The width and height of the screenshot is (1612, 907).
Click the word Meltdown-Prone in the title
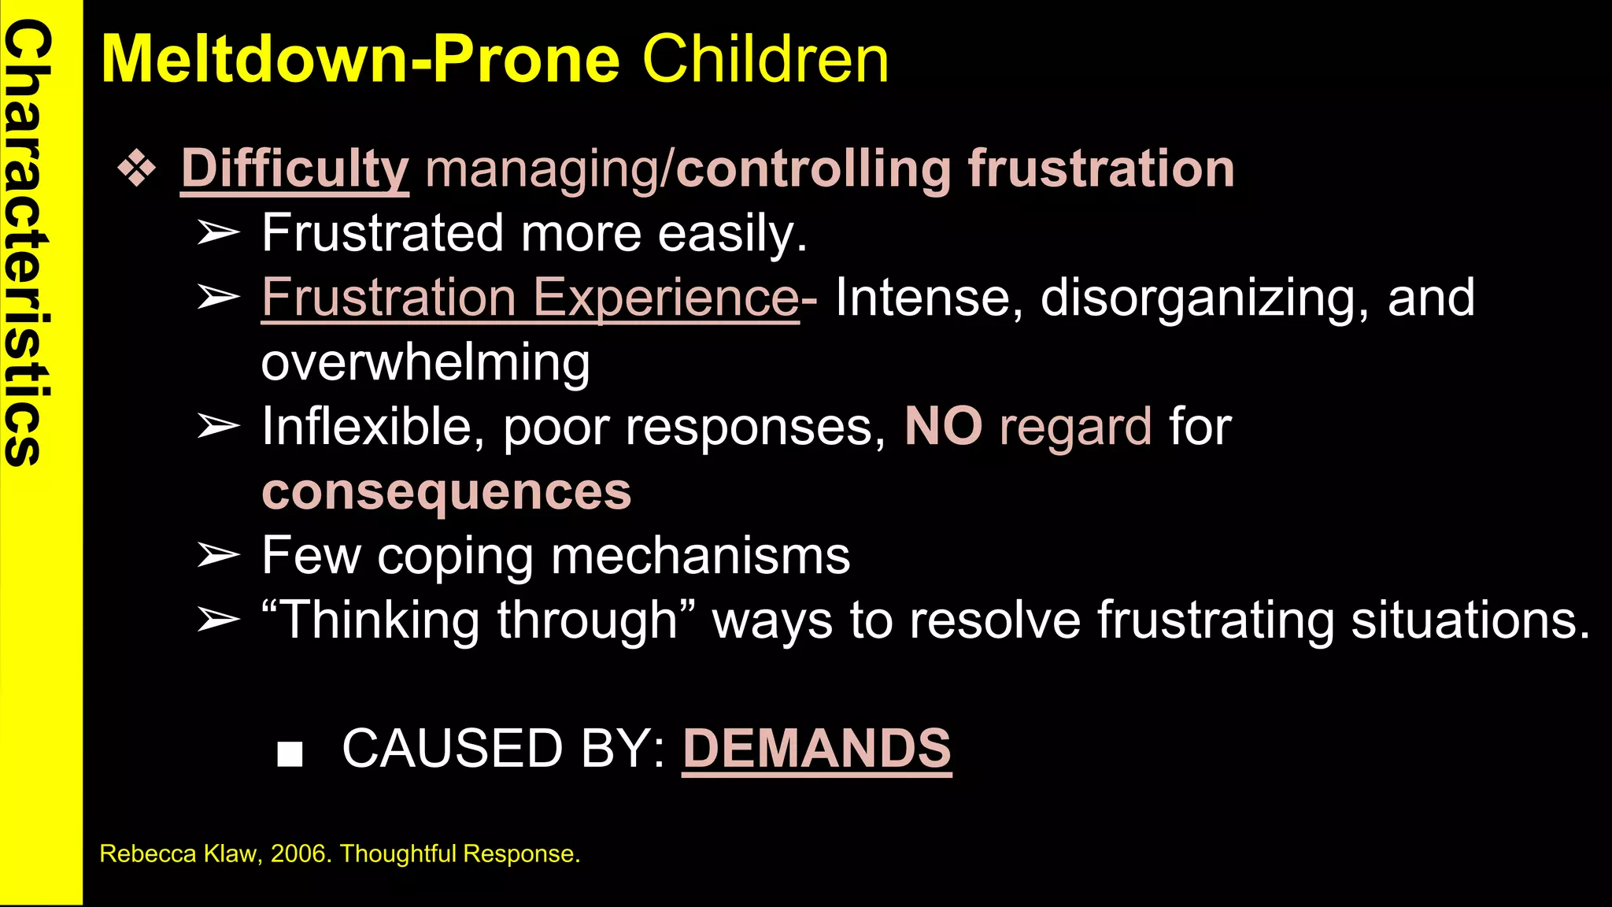[x=360, y=59]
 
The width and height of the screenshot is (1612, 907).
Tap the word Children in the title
[x=765, y=59]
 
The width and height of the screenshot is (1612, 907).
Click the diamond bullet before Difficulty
[x=137, y=168]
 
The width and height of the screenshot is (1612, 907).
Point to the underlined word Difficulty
[x=294, y=168]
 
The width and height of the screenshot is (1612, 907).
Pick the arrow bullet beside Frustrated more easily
[x=218, y=233]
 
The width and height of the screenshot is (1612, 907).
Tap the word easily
[x=732, y=234]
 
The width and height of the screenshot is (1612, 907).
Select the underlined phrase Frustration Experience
[x=530, y=298]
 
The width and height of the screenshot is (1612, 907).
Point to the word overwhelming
[x=425, y=362]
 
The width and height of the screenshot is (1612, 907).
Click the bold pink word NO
[x=943, y=427]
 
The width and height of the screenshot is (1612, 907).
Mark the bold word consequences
[x=446, y=491]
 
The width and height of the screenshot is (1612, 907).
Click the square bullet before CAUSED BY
[x=290, y=753]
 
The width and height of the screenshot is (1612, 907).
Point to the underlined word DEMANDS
[x=816, y=748]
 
